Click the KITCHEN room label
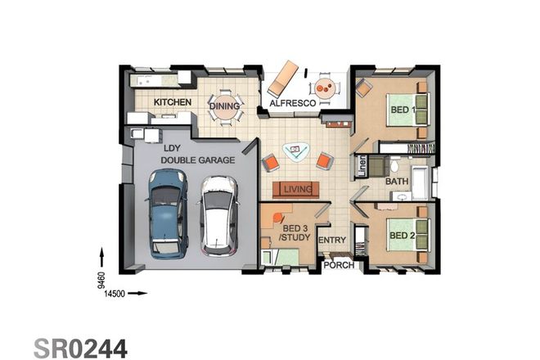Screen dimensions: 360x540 pyautogui.click(x=173, y=102)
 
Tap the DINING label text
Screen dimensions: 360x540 pyautogui.click(x=225, y=106)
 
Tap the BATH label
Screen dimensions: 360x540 pyautogui.click(x=397, y=182)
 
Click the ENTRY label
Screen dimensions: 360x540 pyautogui.click(x=332, y=240)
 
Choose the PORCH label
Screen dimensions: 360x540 pyautogui.click(x=338, y=265)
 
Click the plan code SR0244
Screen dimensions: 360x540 pyautogui.click(x=80, y=349)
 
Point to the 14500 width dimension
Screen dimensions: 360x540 pyautogui.click(x=114, y=293)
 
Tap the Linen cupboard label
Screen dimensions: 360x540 pyautogui.click(x=362, y=166)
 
